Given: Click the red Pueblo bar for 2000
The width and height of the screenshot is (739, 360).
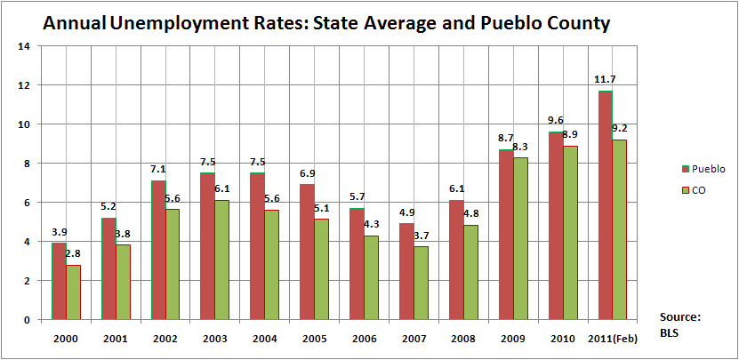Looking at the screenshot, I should coord(59,281).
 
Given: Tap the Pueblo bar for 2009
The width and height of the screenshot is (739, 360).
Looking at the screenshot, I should coord(505,235).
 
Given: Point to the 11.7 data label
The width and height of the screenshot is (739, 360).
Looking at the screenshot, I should coord(605,80).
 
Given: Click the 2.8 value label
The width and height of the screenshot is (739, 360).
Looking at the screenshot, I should coord(74,255).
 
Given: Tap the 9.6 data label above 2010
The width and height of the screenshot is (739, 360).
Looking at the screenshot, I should coord(555,121).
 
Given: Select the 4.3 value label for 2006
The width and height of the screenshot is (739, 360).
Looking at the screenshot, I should coord(371,225).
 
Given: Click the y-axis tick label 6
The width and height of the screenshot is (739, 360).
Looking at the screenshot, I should coord(27,203).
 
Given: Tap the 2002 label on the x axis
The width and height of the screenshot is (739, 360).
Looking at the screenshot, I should coord(166,339).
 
